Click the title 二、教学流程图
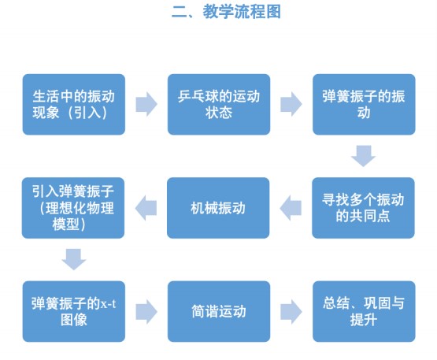[226, 12]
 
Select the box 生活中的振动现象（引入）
[74, 104]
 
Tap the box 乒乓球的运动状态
[219, 104]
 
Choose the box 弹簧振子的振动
[364, 104]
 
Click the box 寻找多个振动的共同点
[363, 208]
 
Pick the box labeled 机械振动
[218, 208]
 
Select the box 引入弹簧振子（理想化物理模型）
[73, 208]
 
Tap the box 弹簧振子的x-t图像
[74, 311]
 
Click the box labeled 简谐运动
[219, 311]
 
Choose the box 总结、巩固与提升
[364, 311]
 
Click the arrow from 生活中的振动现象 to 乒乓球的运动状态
[146, 104]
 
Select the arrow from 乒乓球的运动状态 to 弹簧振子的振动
[291, 104]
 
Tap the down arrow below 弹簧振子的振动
[363, 156]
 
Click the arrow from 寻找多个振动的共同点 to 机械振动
[291, 208]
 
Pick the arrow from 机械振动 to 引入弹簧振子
[146, 208]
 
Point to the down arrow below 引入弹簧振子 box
[73, 259]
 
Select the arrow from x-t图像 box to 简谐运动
[146, 311]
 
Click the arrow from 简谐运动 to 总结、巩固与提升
[291, 311]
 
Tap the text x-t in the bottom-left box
[108, 303]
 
